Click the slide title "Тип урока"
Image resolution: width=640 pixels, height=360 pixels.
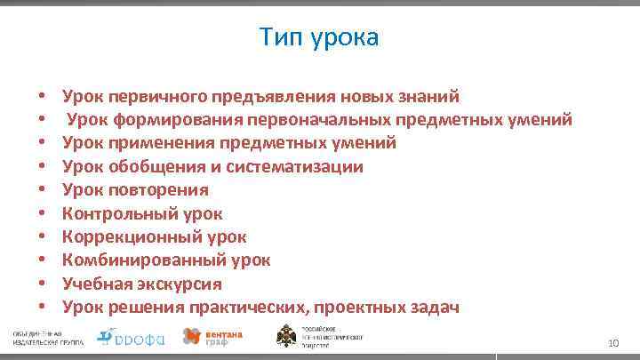(x=319, y=37)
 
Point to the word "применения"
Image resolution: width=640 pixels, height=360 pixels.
(x=154, y=143)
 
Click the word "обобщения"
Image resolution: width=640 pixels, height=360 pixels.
(x=150, y=166)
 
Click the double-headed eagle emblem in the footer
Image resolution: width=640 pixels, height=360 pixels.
(x=288, y=337)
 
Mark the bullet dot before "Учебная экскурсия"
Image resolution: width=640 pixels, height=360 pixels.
(x=42, y=285)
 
